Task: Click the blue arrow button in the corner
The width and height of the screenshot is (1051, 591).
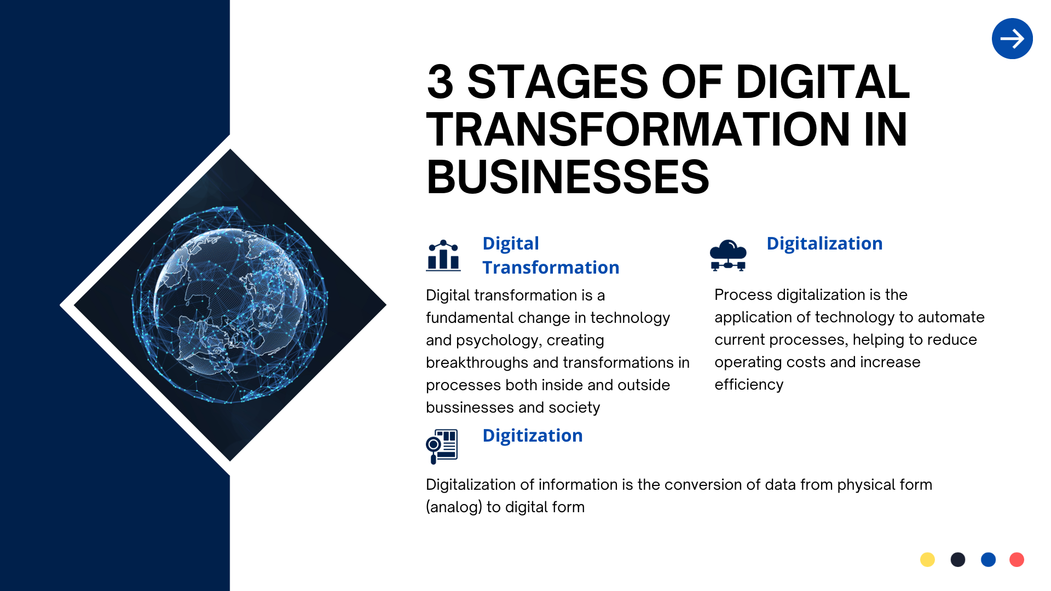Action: pos(1012,39)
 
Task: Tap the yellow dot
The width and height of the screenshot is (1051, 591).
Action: pos(927,559)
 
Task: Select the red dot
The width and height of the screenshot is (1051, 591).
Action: pos(1017,559)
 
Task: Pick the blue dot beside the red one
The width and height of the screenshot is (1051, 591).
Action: pos(988,559)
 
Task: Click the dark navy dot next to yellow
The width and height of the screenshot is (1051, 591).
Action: pos(958,559)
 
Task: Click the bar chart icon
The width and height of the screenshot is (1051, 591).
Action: pos(443,256)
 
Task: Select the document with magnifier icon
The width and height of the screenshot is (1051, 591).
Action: pos(442,446)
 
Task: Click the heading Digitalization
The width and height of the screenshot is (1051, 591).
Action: pos(824,244)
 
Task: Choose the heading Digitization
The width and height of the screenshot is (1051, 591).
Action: pos(533,436)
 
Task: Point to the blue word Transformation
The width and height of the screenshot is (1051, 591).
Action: pos(551,268)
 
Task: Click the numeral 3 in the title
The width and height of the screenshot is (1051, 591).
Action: pos(440,82)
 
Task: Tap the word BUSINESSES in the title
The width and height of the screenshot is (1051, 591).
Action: pos(568,177)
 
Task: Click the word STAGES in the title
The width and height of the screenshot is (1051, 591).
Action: pos(558,82)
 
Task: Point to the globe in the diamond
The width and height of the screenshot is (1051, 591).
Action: pos(230,305)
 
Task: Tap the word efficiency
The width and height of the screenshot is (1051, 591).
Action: pos(749,385)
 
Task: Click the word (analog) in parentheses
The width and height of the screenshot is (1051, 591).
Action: pos(454,507)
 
